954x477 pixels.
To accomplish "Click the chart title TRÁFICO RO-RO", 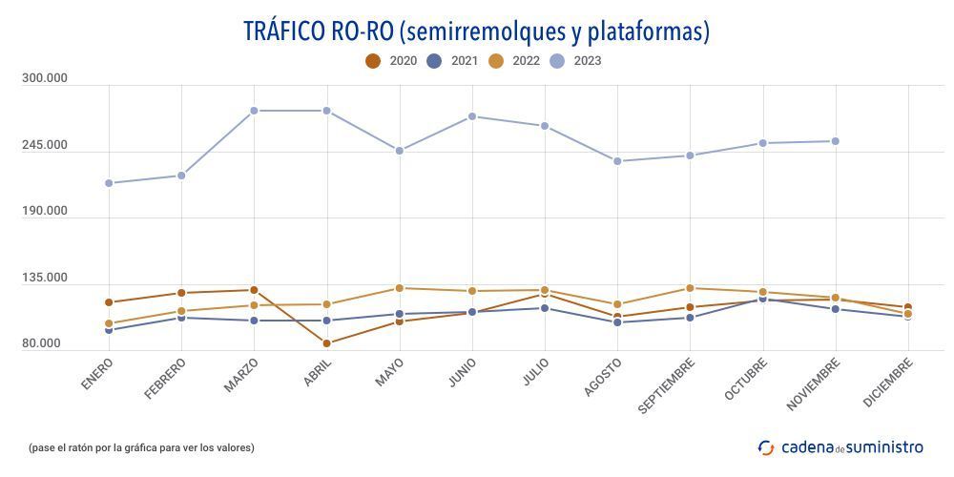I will [x=476, y=31].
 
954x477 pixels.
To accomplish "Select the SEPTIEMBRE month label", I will [x=667, y=384].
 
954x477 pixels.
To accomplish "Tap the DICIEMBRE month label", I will [x=889, y=382].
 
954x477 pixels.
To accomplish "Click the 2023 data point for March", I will [x=254, y=111].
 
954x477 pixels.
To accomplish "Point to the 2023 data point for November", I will [x=836, y=141].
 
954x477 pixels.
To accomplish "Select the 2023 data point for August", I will [x=617, y=161].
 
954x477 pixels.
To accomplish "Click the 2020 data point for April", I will [x=326, y=343].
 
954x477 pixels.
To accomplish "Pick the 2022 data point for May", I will [x=400, y=288].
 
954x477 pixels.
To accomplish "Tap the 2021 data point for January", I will [x=109, y=330].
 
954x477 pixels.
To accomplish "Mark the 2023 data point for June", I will [x=472, y=116].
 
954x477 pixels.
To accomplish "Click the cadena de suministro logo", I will [x=840, y=446].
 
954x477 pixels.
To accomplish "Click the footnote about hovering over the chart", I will [x=141, y=447].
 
